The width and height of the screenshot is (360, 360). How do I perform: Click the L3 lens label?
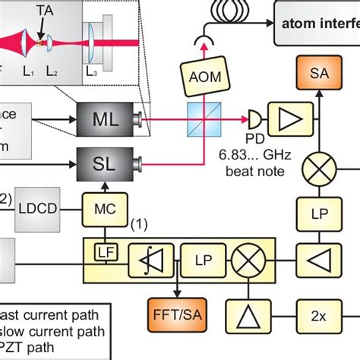coord(90,72)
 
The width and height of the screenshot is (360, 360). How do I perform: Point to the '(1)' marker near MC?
coord(138,225)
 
